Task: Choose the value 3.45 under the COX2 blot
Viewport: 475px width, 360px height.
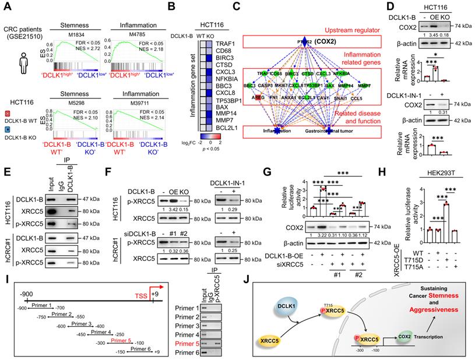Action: pos(435,43)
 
